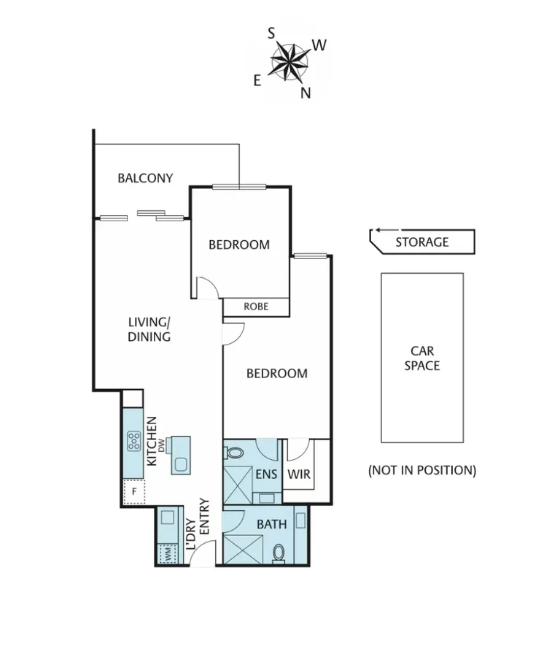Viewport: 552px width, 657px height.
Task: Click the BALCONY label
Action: point(145,177)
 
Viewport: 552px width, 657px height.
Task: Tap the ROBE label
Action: point(256,307)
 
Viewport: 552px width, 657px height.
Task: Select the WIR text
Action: point(299,474)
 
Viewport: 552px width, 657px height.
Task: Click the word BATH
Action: point(271,523)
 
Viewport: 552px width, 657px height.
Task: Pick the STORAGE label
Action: point(422,242)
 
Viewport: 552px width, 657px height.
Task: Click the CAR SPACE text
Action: point(422,358)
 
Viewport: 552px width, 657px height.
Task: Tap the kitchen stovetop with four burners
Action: point(135,440)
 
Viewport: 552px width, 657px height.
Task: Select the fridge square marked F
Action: point(134,492)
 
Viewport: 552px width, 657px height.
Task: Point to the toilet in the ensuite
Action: point(235,453)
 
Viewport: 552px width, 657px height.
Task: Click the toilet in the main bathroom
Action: point(278,553)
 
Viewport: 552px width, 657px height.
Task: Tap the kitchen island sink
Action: point(180,463)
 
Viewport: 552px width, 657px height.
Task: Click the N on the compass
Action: point(306,93)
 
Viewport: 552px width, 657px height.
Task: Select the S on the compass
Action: point(271,33)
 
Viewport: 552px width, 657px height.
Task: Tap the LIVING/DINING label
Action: point(149,329)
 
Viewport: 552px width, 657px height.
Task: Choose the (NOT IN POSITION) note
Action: point(421,470)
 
